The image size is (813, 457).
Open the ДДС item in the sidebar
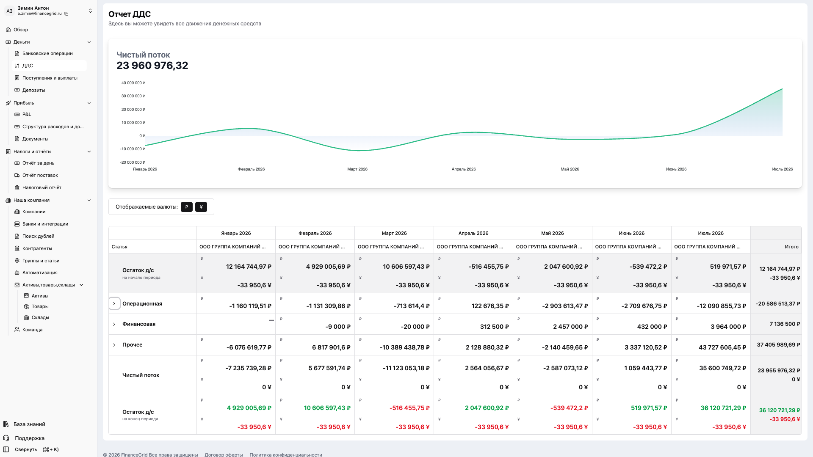click(28, 66)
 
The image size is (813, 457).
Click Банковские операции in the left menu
click(47, 53)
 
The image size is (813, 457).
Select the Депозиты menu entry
click(33, 90)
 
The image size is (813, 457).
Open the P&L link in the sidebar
click(27, 114)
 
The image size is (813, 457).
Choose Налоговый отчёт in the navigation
click(41, 187)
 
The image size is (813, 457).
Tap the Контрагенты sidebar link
click(37, 248)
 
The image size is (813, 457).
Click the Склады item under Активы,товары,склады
click(40, 317)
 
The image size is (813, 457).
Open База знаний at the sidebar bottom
click(29, 424)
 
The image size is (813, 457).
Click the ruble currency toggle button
click(187, 207)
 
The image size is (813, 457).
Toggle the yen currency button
click(201, 207)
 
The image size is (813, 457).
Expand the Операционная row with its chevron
click(114, 304)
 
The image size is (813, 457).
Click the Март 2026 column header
click(394, 233)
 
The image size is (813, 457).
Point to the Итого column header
click(791, 247)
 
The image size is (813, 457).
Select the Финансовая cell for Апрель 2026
click(473, 324)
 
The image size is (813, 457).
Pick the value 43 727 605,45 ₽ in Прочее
click(722, 347)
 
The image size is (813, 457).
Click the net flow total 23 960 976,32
click(152, 66)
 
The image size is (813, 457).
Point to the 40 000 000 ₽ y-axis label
click(133, 83)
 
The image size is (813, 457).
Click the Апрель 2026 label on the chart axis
click(464, 169)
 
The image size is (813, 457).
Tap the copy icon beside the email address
click(66, 14)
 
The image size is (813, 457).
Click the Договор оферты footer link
click(224, 455)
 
